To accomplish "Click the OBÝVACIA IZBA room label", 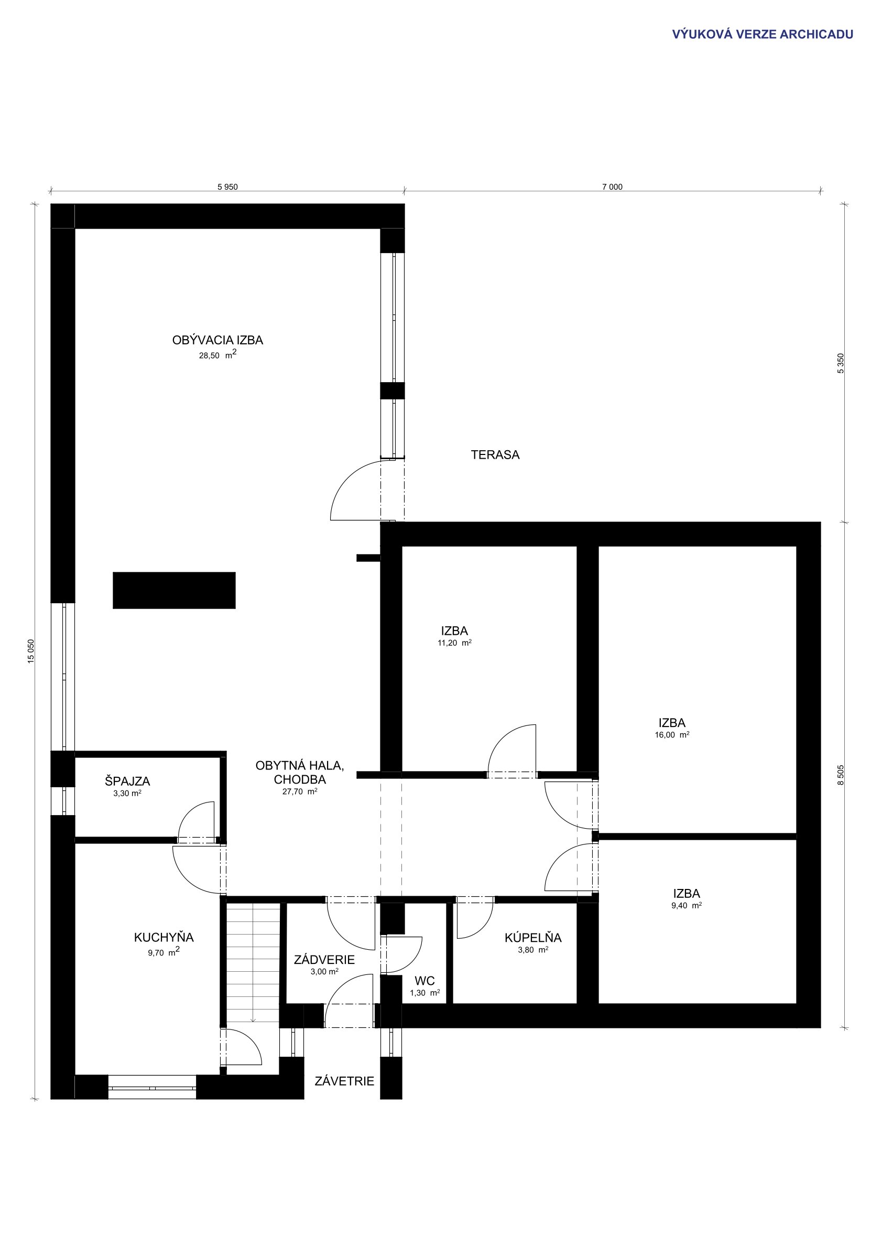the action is [217, 340].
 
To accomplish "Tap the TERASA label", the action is [495, 455].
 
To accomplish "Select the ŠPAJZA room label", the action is [127, 781].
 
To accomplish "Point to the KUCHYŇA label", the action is [164, 937].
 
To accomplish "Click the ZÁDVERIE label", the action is [324, 959].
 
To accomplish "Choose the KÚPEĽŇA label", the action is [533, 937].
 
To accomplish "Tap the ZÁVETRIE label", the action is [344, 1081].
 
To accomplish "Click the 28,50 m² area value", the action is [217, 355].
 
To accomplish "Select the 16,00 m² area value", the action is [672, 734].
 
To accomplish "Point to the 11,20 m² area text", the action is [454, 643].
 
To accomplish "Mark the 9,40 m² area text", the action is [687, 906].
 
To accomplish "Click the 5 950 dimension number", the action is [227, 187].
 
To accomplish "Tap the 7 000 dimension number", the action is [613, 187].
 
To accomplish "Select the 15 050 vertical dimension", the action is [31, 651].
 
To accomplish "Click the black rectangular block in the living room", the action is [174, 590].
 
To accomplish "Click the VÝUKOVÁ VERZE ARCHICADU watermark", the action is [763, 34].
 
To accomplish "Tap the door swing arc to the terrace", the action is [348, 479].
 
